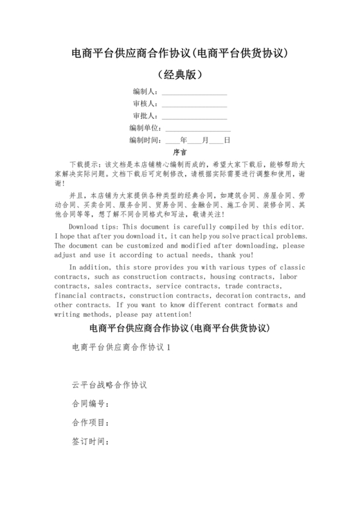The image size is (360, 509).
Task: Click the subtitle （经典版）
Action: pyautogui.click(x=180, y=75)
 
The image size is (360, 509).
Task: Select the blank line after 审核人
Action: pyautogui.click(x=194, y=105)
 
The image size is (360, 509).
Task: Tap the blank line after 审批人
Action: pyautogui.click(x=194, y=117)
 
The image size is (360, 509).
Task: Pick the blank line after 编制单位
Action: pyautogui.click(x=198, y=129)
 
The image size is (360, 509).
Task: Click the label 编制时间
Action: pyautogui.click(x=145, y=141)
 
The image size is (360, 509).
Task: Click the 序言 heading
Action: pyautogui.click(x=180, y=153)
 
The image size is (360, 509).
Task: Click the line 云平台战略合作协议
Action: pyautogui.click(x=109, y=386)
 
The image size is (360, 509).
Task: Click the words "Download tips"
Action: pyautogui.click(x=94, y=228)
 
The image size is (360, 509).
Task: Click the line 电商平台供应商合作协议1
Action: pyautogui.click(x=122, y=348)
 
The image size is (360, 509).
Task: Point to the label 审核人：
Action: pyautogui.click(x=145, y=105)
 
